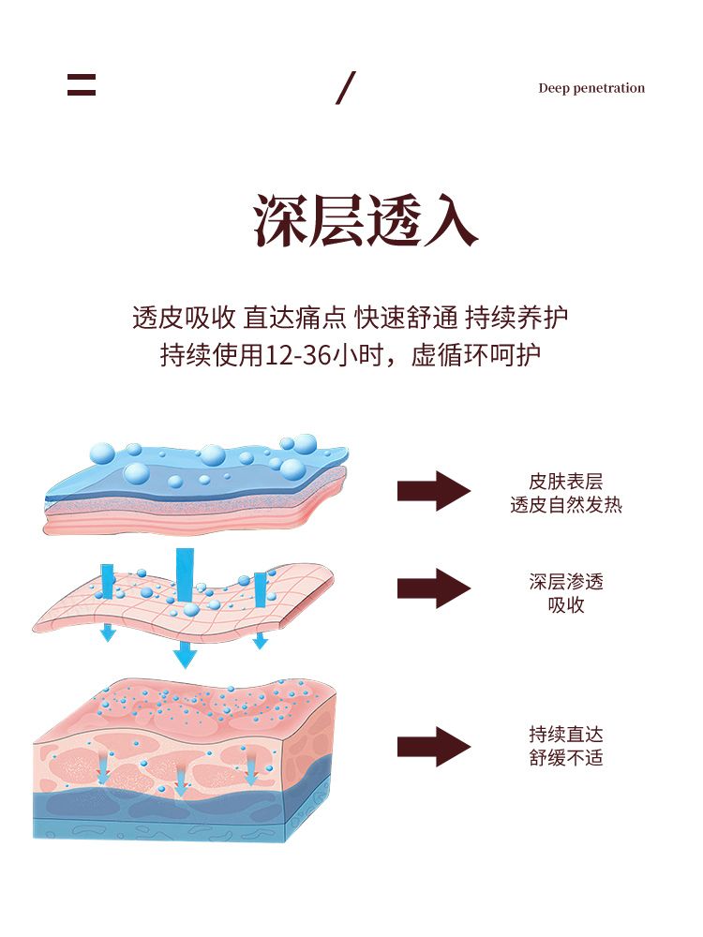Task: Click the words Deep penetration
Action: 591,88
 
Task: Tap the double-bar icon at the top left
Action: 82,85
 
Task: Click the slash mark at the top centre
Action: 346,87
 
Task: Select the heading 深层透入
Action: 366,222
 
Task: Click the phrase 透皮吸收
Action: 183,318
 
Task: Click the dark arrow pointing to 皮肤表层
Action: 433,491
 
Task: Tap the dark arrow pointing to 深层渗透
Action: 433,588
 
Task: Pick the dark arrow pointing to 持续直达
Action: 433,747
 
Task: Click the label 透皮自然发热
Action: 566,505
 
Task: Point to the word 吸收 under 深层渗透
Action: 566,605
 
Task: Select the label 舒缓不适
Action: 566,757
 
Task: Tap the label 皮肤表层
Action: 566,482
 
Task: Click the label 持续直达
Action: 566,734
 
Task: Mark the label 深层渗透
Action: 566,582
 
